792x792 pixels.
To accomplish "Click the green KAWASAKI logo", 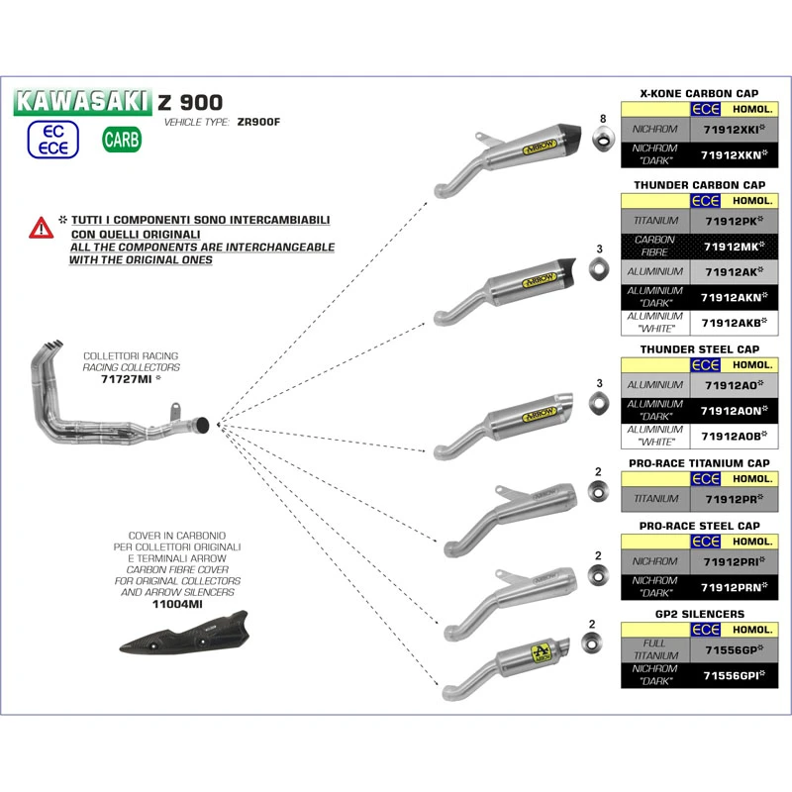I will [84, 101].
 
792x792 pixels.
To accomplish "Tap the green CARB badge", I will [122, 139].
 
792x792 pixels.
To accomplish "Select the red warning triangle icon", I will [41, 228].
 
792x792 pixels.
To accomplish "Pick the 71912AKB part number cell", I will [733, 322].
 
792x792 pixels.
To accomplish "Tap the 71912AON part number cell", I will [733, 411].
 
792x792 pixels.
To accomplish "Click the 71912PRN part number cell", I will [733, 588].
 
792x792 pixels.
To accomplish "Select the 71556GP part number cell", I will [733, 650].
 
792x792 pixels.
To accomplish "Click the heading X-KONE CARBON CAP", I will [700, 92].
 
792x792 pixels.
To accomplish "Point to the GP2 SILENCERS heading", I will [700, 614].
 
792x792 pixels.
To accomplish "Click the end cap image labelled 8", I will [601, 142].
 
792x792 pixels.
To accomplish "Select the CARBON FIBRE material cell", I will [654, 246].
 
